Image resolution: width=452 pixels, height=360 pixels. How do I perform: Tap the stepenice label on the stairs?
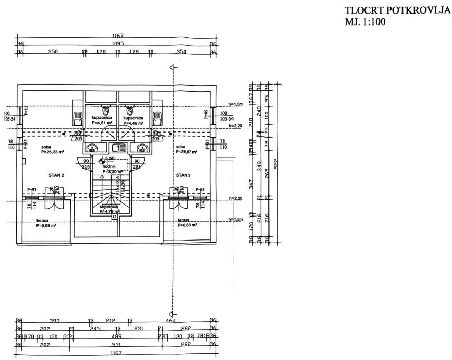click(x=109, y=207)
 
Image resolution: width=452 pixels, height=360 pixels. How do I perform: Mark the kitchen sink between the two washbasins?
click(x=118, y=148)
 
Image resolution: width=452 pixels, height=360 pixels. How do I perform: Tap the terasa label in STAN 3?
click(x=184, y=220)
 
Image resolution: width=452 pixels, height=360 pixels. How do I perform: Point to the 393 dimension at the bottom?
click(x=54, y=321)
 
